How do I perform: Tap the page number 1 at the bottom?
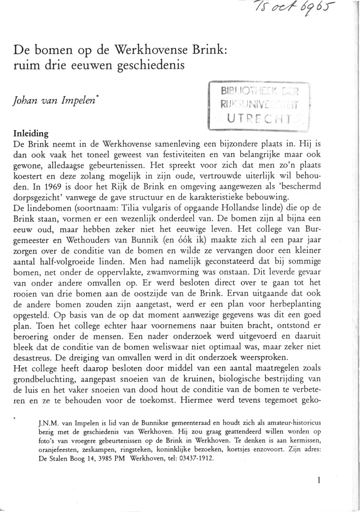click(318, 479)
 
